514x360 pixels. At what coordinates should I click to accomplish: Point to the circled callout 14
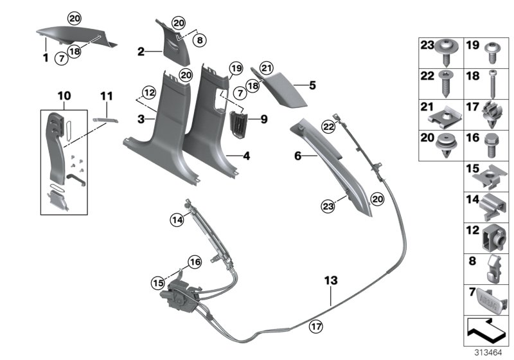coord(176,220)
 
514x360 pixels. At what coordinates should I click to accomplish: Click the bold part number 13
coord(330,281)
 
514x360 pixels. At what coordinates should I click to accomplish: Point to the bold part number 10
coord(64,96)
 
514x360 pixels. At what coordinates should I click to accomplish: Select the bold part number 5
coord(313,84)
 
